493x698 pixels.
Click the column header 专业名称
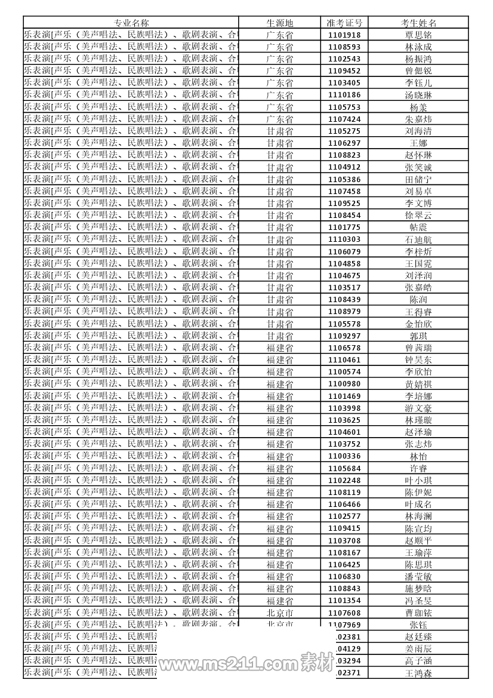tap(131, 23)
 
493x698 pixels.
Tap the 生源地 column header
tap(279, 23)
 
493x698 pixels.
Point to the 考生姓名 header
tap(418, 23)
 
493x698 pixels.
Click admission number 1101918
tap(344, 35)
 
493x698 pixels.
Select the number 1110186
tap(344, 95)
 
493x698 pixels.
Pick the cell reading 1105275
tap(344, 131)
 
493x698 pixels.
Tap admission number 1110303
tap(344, 239)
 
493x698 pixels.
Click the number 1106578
tap(344, 348)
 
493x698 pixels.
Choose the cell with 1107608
tap(344, 613)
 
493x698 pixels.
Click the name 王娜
tap(418, 143)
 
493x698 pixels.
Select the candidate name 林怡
tap(418, 456)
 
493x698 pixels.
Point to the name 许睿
tap(418, 469)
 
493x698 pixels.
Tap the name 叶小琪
tap(418, 481)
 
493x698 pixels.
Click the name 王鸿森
tap(418, 673)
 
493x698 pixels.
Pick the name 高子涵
tap(418, 661)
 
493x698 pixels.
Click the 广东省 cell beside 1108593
tap(279, 47)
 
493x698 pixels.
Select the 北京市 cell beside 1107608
tap(279, 613)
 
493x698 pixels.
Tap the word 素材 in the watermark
tap(317, 662)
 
